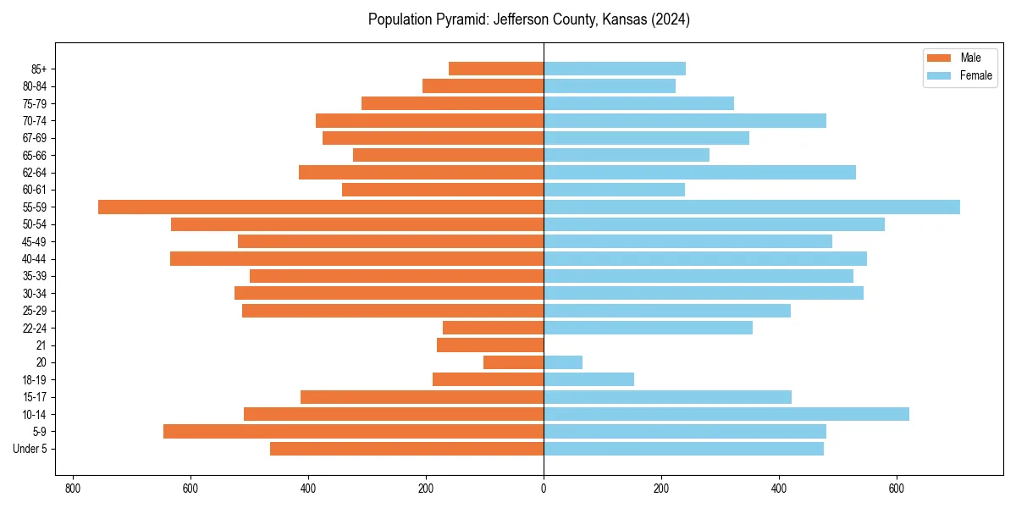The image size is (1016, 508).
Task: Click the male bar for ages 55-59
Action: [x=321, y=207]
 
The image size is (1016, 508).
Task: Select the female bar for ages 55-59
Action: [x=752, y=207]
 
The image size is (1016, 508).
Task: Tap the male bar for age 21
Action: [x=490, y=345]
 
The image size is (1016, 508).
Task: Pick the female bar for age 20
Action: [x=563, y=362]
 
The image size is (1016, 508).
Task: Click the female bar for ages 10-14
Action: [x=726, y=414]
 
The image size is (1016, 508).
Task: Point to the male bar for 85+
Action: [x=496, y=69]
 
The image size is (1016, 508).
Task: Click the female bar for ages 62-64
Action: [x=699, y=172]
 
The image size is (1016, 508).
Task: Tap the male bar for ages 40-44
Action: [x=356, y=258]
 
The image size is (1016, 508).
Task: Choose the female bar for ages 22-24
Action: [x=648, y=328]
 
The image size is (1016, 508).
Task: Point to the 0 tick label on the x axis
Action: [x=544, y=489]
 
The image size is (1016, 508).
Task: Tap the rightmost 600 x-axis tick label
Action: [x=897, y=489]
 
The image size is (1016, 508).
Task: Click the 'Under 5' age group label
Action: [x=30, y=449]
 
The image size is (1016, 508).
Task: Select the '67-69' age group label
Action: [x=35, y=138]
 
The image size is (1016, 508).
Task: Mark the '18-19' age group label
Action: [x=35, y=379]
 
